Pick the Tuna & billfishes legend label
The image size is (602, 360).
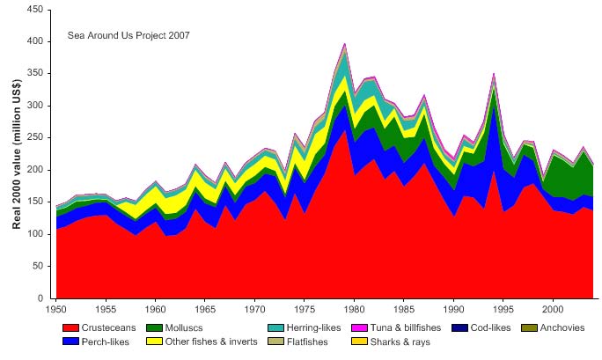point(425,328)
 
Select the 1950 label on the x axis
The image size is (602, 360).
point(56,310)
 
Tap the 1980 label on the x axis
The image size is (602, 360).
point(355,310)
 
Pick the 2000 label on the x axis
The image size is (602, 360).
point(554,310)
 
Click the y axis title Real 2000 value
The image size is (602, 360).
point(17,154)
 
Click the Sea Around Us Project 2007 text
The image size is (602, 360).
point(128,36)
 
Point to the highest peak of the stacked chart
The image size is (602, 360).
point(344,43)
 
